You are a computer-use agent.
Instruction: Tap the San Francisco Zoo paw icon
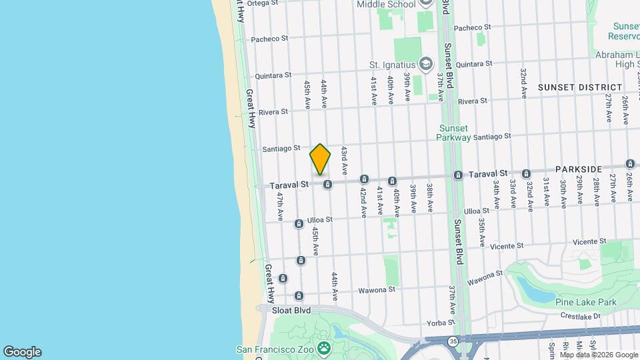pos(324,348)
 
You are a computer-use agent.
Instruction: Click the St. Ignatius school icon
pos(426,64)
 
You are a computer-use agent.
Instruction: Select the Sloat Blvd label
pos(292,310)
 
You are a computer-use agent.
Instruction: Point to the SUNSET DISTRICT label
pos(580,87)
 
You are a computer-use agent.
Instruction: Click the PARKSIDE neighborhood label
pos(578,169)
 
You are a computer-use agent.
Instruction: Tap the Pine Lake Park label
pos(586,303)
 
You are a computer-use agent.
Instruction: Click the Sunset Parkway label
pos(453,133)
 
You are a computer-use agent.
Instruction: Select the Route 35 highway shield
pos(453,341)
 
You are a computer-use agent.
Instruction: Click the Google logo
pos(22,352)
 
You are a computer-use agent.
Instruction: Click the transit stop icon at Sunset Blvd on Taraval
pos(459,175)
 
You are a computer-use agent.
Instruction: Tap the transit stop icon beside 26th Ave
pos(630,163)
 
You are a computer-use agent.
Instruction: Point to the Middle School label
pos(386,4)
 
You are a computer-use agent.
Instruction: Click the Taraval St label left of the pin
pos(289,185)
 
